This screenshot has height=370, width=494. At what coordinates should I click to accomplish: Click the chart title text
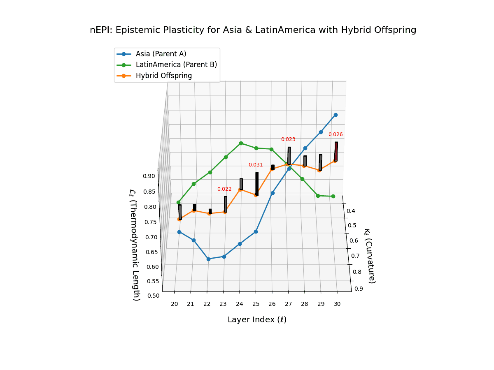click(x=253, y=30)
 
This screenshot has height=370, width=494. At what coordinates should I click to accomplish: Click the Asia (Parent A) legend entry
click(x=161, y=53)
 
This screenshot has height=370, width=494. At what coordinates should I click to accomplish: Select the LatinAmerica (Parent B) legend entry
click(x=176, y=65)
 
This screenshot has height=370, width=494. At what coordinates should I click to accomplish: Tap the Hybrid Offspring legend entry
click(x=163, y=76)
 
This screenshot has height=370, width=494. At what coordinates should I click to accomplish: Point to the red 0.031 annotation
click(x=255, y=165)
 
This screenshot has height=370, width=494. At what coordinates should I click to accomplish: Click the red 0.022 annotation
click(x=224, y=189)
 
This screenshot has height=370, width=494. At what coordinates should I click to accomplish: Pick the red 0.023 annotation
click(x=288, y=139)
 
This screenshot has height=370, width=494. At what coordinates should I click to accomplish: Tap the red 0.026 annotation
click(x=336, y=134)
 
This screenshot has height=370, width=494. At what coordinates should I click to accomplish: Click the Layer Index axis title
click(x=257, y=320)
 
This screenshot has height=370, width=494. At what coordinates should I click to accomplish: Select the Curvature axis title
click(x=370, y=256)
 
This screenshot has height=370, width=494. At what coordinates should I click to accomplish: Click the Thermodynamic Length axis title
click(x=135, y=245)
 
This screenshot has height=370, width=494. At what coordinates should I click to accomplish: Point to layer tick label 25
click(x=256, y=304)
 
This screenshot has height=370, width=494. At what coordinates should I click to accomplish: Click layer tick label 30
click(x=337, y=304)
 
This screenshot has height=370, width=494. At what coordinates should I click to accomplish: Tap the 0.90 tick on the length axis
click(x=149, y=176)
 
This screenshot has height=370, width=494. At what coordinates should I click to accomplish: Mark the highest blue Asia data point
click(x=336, y=115)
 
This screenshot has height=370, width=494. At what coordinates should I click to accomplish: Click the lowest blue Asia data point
click(x=208, y=259)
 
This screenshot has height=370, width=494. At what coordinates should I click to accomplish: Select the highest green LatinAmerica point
click(x=241, y=143)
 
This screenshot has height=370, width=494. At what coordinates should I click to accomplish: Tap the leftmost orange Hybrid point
click(x=179, y=219)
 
